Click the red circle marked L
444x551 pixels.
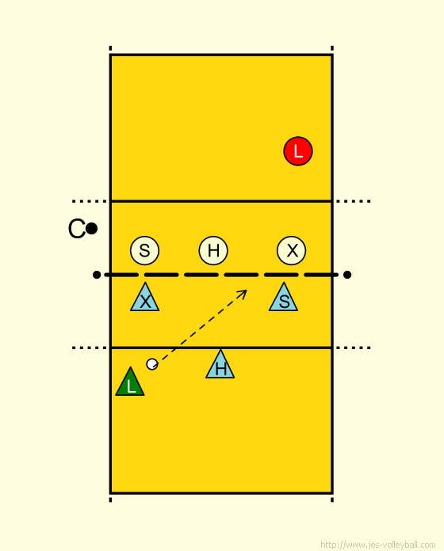tap(298, 151)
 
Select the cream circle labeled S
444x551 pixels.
tap(144, 250)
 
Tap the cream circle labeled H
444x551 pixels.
tap(213, 250)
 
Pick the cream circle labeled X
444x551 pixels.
tap(291, 250)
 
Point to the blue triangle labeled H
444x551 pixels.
tap(220, 367)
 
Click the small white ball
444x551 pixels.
tap(152, 364)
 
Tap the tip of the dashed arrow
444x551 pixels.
tap(247, 291)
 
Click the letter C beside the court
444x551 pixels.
tap(76, 229)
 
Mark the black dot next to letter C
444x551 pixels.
tap(91, 229)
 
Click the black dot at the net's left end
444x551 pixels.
tap(97, 275)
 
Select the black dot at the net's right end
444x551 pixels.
tap(347, 275)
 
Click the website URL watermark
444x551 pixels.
tap(378, 545)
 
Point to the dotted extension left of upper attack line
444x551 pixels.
tap(90, 201)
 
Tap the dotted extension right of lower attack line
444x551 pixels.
tap(354, 348)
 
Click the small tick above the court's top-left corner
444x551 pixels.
tap(110, 48)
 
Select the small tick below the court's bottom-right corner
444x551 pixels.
tap(332, 500)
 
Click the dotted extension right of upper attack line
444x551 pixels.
tap(354, 201)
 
